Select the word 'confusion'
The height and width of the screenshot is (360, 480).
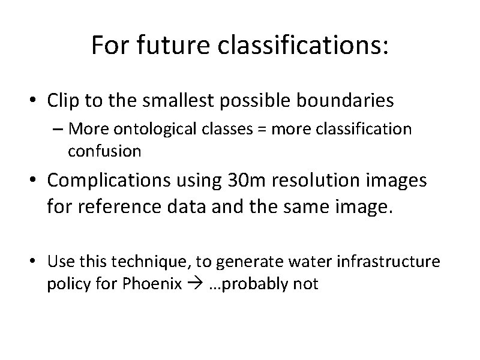point(105,151)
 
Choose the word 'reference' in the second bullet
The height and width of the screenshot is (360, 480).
point(110,209)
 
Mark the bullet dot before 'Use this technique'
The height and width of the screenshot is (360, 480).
point(36,262)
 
